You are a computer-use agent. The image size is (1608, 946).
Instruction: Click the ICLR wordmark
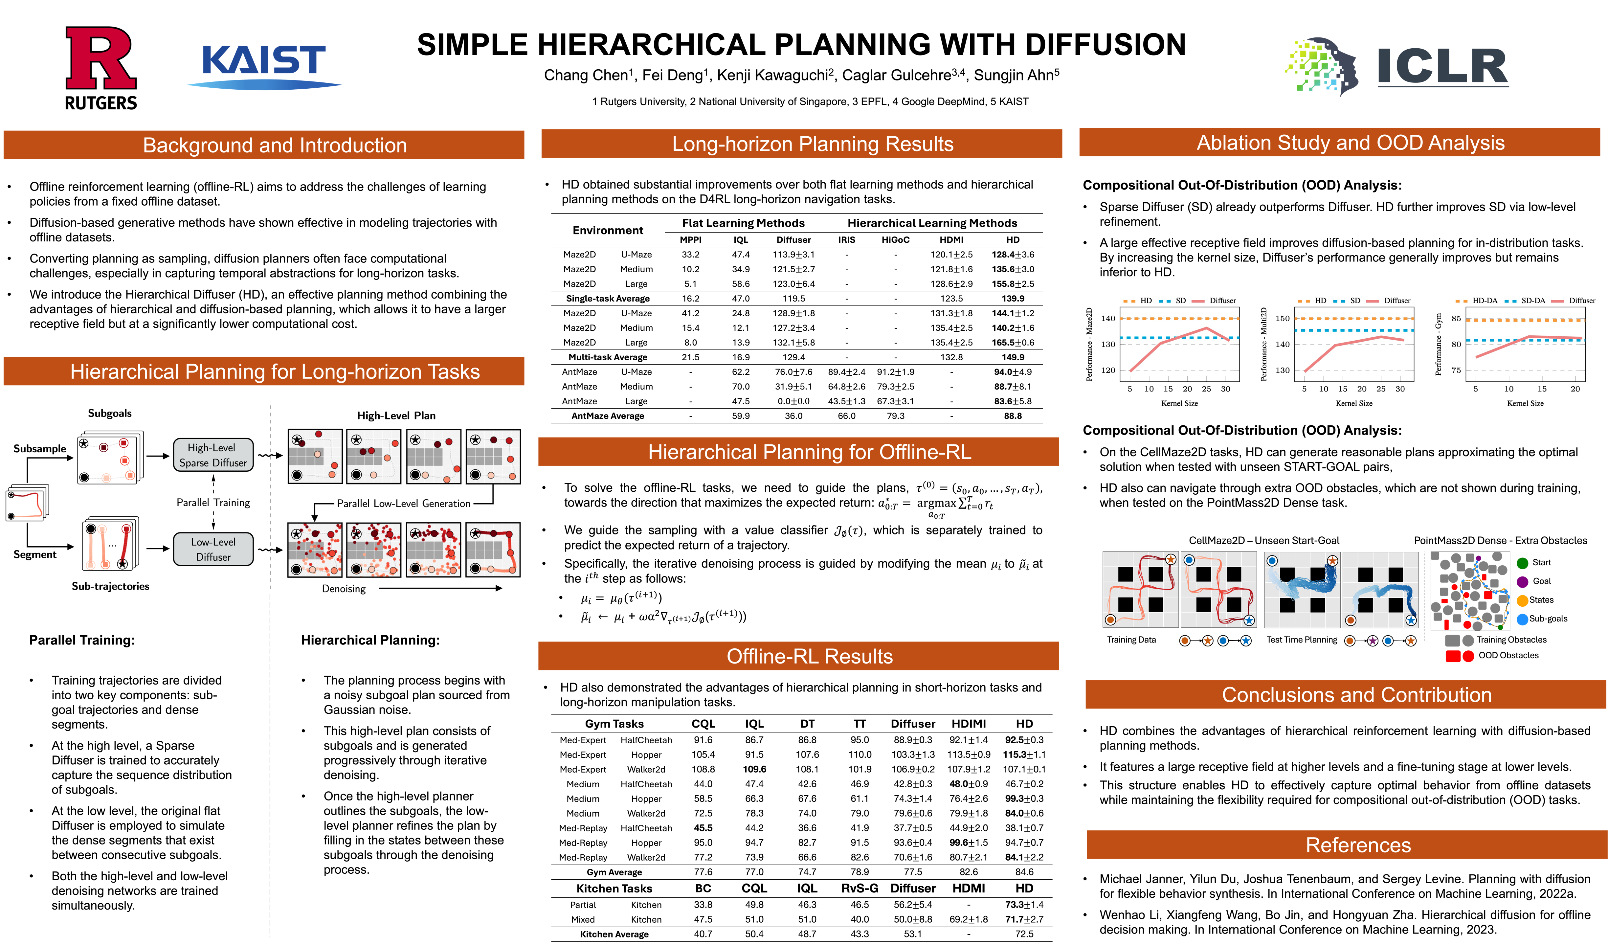pyautogui.click(x=1442, y=66)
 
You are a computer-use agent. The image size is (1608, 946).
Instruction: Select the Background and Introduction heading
pyautogui.click(x=275, y=145)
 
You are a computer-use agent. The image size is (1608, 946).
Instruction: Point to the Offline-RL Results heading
pyautogui.click(x=809, y=656)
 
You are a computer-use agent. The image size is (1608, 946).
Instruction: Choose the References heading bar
pyautogui.click(x=1358, y=845)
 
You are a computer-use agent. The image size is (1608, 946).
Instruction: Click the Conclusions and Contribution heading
pyautogui.click(x=1357, y=694)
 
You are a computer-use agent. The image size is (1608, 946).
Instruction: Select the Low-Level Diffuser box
pyautogui.click(x=213, y=549)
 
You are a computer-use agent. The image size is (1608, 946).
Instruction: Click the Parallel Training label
pyautogui.click(x=213, y=502)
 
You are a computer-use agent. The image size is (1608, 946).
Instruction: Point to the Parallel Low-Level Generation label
pyautogui.click(x=403, y=503)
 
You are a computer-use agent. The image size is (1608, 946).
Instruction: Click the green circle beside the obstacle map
pyautogui.click(x=1523, y=563)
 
